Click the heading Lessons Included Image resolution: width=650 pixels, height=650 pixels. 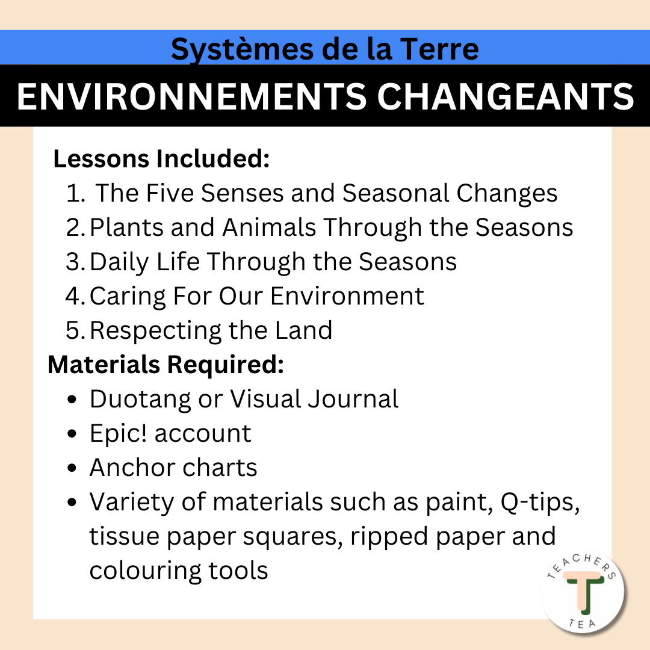click(161, 159)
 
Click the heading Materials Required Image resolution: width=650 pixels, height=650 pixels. click(166, 365)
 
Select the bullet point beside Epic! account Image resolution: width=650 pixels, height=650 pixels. click(73, 434)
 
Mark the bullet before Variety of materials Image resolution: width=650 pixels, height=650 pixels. click(73, 503)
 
